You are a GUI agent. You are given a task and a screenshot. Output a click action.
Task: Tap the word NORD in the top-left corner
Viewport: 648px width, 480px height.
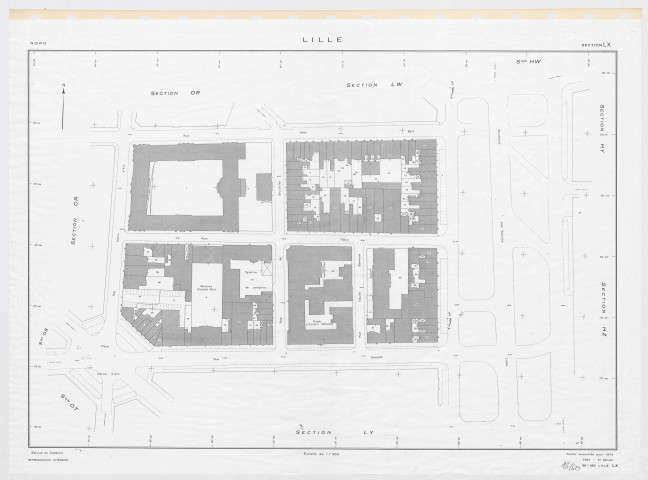pyautogui.click(x=38, y=44)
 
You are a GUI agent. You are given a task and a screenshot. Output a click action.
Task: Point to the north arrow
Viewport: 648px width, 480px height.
pyautogui.click(x=63, y=105)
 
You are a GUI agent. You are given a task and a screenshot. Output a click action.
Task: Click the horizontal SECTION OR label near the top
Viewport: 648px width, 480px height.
pyautogui.click(x=176, y=93)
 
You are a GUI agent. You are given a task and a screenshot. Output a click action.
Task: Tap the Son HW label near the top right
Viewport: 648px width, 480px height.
pyautogui.click(x=513, y=63)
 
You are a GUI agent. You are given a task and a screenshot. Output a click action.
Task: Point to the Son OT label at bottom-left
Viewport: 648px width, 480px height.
pyautogui.click(x=65, y=404)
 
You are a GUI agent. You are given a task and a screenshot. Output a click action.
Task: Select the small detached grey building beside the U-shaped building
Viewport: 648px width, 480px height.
pyautogui.click(x=264, y=186)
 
